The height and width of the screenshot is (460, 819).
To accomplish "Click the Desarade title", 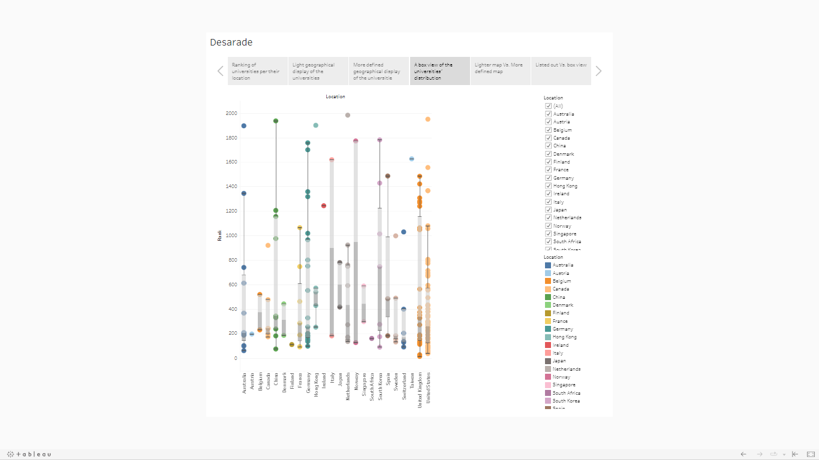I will click(231, 43).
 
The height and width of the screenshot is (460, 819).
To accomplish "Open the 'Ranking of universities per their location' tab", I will click(257, 71).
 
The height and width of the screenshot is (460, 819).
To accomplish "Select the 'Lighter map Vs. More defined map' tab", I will click(500, 68).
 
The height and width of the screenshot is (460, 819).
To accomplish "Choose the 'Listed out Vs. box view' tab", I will click(561, 65).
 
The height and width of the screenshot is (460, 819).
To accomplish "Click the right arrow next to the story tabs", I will click(598, 71).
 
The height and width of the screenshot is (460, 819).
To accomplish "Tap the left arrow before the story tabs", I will click(220, 71).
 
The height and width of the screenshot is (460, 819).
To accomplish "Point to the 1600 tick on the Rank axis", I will click(231, 162).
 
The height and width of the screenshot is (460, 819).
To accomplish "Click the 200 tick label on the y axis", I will click(231, 334).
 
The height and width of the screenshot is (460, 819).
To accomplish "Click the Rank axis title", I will click(220, 235).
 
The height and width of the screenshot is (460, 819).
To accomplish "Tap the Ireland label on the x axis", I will click(324, 382).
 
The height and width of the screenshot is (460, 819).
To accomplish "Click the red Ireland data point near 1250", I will click(324, 205).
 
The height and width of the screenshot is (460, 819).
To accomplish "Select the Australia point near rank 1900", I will click(244, 126).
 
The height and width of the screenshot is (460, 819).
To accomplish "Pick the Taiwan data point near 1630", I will click(411, 159).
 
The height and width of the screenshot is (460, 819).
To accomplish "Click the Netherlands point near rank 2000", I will click(348, 115).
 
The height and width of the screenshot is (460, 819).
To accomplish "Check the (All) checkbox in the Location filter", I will click(548, 106).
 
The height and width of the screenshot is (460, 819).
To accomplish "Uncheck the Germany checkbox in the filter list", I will click(548, 178).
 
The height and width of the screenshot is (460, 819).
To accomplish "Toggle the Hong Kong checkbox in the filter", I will click(548, 186).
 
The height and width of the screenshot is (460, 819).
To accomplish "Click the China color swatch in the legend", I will click(548, 297).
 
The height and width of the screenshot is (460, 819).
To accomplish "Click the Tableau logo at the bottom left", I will click(29, 454).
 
